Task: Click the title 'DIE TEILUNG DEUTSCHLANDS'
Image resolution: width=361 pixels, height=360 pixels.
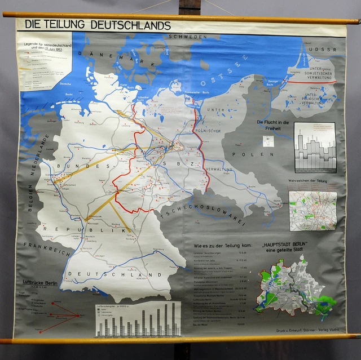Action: tap(94, 25)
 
